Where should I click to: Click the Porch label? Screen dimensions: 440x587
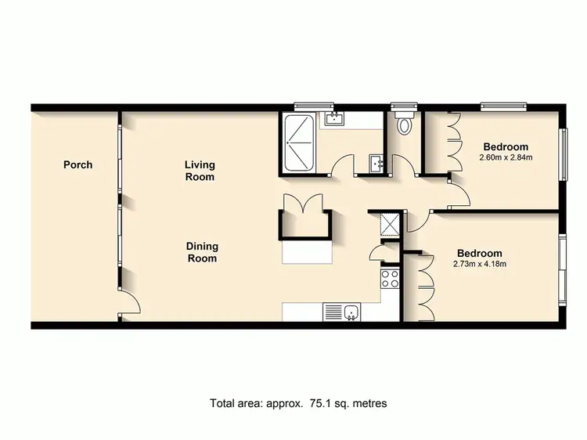(77, 164)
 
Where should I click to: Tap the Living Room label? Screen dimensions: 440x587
(200, 171)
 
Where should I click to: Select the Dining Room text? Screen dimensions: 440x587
(201, 252)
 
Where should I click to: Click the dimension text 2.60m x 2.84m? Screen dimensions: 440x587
(506, 157)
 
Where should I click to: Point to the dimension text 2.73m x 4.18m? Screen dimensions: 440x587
(480, 264)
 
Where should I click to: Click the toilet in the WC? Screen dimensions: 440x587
(405, 124)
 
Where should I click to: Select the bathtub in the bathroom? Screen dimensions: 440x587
(299, 143)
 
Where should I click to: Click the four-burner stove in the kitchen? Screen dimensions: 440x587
(390, 280)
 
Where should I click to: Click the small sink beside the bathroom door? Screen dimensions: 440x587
(377, 163)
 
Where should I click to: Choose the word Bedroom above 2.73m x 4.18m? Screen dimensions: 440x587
(479, 253)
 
